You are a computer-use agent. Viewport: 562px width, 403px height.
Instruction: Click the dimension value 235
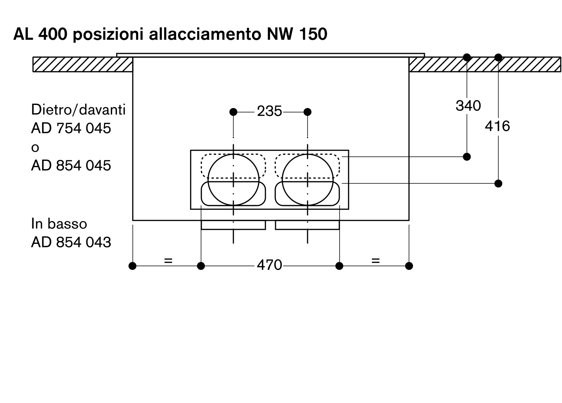pos(269,111)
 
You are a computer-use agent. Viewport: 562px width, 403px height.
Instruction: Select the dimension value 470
pos(269,265)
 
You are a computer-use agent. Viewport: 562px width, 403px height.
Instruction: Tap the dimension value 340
pos(468,106)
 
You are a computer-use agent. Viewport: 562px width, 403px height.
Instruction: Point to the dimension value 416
pos(497,126)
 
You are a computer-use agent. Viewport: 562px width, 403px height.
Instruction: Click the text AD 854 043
pos(71,242)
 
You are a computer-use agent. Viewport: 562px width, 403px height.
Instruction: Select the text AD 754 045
pos(71,128)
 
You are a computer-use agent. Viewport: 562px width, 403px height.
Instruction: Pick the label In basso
pos(59,224)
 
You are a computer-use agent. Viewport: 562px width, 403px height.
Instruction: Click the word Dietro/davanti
pos(78,109)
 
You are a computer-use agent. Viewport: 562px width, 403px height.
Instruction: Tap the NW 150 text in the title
pos(297,34)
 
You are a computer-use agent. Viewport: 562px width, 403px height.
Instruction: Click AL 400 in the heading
pos(40,34)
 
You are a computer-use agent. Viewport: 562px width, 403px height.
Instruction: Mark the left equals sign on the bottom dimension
pos(168,261)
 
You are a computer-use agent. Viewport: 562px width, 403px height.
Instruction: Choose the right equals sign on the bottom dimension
pos(375,261)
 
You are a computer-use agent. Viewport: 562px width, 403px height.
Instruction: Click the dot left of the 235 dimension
pos(233,112)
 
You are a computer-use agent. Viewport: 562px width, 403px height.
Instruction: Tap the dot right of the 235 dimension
pos(308,112)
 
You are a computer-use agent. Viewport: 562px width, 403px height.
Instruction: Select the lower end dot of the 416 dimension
pos(498,184)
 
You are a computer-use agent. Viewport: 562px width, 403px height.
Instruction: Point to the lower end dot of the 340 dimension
pos(467,157)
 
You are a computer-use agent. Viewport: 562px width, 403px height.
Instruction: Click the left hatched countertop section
pos(83,65)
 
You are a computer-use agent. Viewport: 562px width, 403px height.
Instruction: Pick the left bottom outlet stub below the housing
pos(233,225)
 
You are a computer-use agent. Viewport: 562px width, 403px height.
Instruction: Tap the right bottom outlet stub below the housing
pos(307,225)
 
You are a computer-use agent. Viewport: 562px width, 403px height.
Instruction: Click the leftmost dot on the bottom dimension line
pos(132,266)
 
